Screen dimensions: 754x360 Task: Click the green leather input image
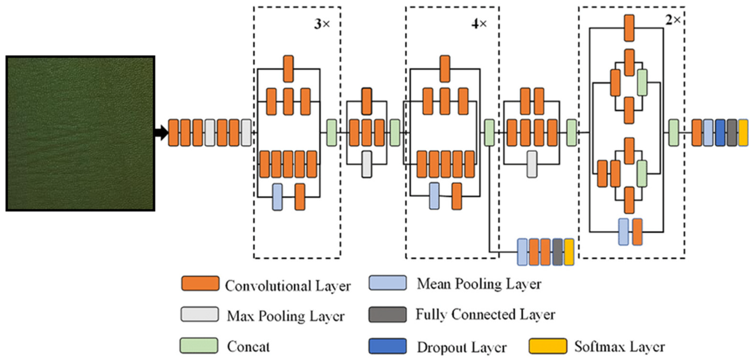point(80,133)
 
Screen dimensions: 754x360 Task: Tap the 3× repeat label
point(322,24)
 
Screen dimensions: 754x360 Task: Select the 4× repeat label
point(479,24)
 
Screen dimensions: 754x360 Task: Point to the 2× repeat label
point(673,20)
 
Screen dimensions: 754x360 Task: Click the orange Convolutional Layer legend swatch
point(200,283)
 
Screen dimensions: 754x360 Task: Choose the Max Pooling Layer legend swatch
point(200,314)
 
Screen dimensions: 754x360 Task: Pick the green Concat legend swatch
point(199,345)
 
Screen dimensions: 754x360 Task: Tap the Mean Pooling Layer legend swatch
point(388,283)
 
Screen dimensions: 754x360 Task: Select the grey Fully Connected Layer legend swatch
point(388,314)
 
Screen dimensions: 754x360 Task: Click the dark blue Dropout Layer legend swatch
point(388,346)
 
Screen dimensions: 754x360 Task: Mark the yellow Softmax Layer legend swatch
point(548,346)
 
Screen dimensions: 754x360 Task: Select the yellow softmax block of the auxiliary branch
point(569,252)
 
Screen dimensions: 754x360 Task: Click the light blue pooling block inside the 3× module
point(277,197)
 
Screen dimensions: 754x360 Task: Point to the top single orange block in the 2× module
point(629,28)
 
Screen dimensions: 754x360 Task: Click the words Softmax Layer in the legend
point(620,347)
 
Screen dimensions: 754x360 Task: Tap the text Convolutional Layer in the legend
point(288,286)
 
